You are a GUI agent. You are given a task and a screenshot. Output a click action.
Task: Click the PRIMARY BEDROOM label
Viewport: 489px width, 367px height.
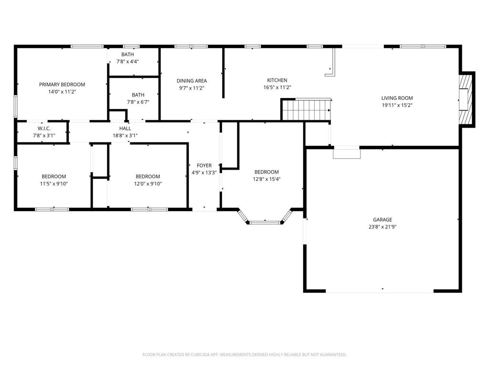tap(62, 85)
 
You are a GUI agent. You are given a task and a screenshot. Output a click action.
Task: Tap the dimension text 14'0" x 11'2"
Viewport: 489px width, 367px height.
tap(62, 91)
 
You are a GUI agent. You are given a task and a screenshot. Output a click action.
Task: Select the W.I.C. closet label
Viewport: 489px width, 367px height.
tap(44, 129)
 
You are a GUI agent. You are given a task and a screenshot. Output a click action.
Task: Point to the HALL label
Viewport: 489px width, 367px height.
tap(125, 129)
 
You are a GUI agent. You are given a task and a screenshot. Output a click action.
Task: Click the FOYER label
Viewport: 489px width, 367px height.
tap(204, 166)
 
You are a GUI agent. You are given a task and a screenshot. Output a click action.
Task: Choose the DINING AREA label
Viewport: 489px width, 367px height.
tap(191, 81)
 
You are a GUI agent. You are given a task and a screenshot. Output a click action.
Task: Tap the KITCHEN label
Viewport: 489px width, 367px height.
tap(277, 80)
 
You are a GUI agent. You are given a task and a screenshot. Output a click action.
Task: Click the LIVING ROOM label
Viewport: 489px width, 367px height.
tap(397, 98)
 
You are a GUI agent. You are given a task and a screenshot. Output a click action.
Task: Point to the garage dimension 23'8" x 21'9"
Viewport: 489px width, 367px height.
tap(383, 227)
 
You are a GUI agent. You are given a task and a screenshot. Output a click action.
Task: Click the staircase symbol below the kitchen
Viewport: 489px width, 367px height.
tap(306, 110)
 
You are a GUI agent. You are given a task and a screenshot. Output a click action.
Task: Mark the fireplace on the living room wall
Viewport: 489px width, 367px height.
tap(466, 99)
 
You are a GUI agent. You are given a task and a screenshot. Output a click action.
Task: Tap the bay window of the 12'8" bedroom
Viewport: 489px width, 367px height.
tap(266, 221)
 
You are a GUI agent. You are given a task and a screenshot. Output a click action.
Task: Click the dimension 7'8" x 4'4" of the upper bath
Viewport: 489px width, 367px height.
tap(128, 61)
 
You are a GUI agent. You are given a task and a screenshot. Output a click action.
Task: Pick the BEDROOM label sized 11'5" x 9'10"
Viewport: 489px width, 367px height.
tap(53, 176)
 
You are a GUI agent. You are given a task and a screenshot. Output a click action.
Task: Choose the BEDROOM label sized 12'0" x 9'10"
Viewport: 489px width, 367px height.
tap(148, 176)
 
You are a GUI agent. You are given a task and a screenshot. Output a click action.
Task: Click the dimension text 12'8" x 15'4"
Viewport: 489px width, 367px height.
tap(266, 179)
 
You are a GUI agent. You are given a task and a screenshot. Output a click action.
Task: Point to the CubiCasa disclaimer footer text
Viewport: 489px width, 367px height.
tap(244, 355)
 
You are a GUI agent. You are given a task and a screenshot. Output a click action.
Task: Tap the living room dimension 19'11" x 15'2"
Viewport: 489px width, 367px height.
tap(397, 105)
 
